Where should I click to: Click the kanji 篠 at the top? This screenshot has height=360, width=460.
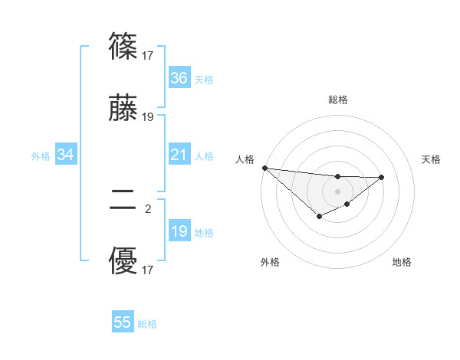pyautogui.click(x=123, y=46)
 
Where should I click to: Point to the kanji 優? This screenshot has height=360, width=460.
pyautogui.click(x=123, y=262)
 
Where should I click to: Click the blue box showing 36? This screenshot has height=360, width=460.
pyautogui.click(x=179, y=78)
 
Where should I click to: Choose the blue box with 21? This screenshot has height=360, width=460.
pyautogui.click(x=179, y=155)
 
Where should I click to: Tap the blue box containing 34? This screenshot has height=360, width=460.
pyautogui.click(x=66, y=155)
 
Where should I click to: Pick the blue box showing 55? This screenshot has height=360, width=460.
pyautogui.click(x=123, y=322)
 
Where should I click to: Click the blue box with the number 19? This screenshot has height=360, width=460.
pyautogui.click(x=179, y=231)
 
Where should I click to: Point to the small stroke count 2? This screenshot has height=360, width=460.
pyautogui.click(x=148, y=207)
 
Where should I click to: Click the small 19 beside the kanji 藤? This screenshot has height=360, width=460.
pyautogui.click(x=148, y=117)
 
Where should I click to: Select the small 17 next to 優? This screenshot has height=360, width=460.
pyautogui.click(x=148, y=270)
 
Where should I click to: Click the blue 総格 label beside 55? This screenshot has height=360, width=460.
pyautogui.click(x=148, y=324)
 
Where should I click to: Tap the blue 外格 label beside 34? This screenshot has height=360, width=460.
pyautogui.click(x=41, y=156)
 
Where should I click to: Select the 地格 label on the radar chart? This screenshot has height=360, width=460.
pyautogui.click(x=402, y=262)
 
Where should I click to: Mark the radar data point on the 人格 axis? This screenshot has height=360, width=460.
pyautogui.click(x=264, y=168)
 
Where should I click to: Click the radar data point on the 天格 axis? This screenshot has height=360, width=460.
pyautogui.click(x=382, y=177)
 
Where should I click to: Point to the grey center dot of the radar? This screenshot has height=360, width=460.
pyautogui.click(x=337, y=191)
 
